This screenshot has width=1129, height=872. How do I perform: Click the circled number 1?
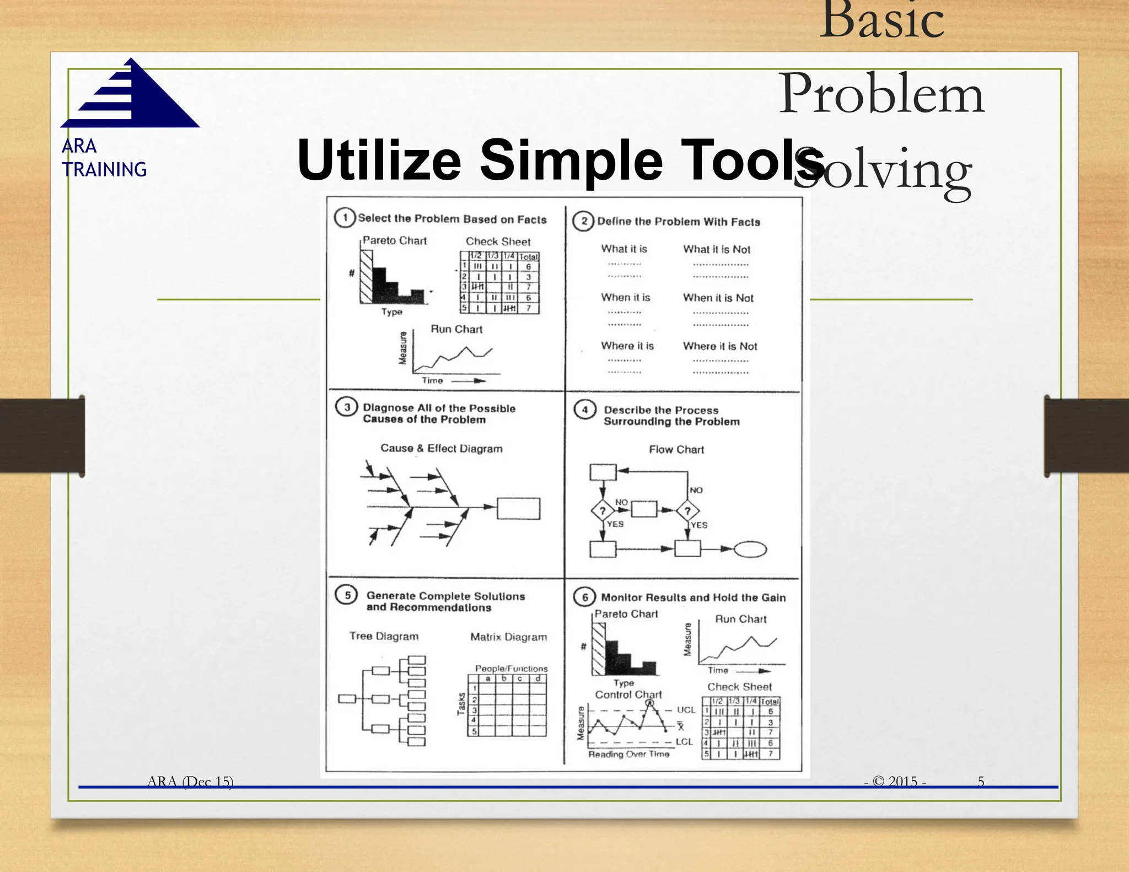(x=345, y=217)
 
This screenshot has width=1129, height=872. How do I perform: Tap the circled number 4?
(x=585, y=410)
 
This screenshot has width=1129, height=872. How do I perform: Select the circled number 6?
(x=585, y=597)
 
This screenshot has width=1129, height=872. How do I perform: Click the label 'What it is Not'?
(x=717, y=249)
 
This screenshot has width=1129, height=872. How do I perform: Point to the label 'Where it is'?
(x=627, y=346)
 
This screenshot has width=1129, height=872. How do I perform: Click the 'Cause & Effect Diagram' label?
(x=442, y=448)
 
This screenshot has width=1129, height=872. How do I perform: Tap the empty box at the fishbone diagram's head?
(x=518, y=508)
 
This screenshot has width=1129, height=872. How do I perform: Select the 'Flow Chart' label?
(x=676, y=449)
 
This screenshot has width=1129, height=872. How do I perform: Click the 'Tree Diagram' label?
(x=384, y=636)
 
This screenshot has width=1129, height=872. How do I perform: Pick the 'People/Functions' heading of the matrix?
(x=511, y=668)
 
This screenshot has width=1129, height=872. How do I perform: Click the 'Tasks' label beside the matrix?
(x=461, y=704)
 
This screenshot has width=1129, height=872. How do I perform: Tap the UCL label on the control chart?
(x=686, y=710)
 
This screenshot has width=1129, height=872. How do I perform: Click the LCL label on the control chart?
(x=684, y=742)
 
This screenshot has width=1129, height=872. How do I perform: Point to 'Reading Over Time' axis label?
(x=628, y=754)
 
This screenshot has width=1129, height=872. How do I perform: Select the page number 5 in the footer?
(x=981, y=781)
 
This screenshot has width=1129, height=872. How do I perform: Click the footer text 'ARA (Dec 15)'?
(x=190, y=781)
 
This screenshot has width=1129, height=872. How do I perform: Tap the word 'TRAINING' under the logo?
(x=104, y=169)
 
